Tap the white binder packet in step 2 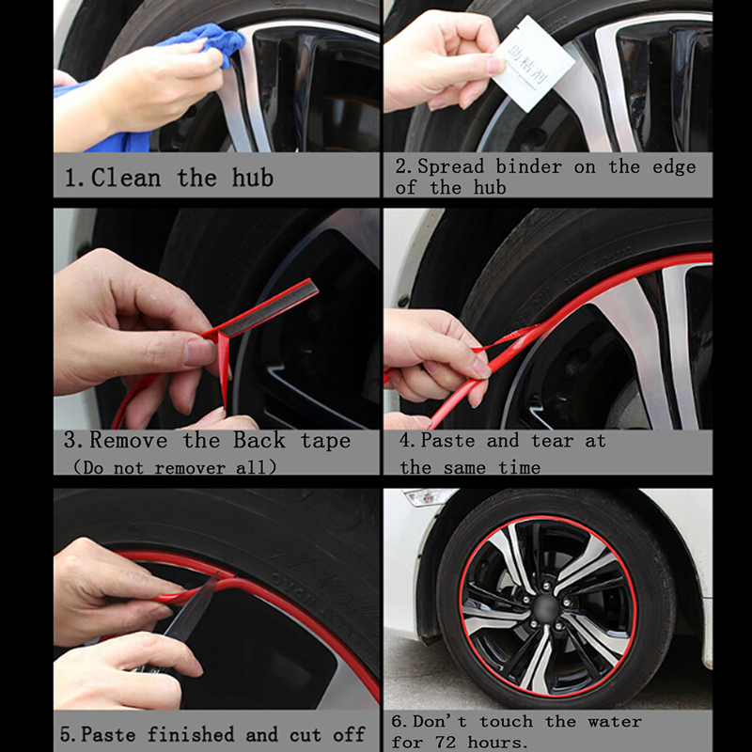pyautogui.click(x=532, y=63)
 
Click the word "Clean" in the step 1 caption pyautogui.click(x=126, y=178)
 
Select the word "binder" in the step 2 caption pyautogui.click(x=528, y=167)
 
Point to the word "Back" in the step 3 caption pyautogui.click(x=259, y=440)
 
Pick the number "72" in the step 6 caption pyautogui.click(x=446, y=742)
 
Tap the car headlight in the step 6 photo pyautogui.click(x=429, y=497)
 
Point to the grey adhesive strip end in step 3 pyautogui.click(x=269, y=308)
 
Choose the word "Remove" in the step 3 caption pyautogui.click(x=129, y=440)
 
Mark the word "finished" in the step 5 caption pyautogui.click(x=191, y=734)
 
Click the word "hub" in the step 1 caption pyautogui.click(x=253, y=178)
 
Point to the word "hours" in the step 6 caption pyautogui.click(x=496, y=742)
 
